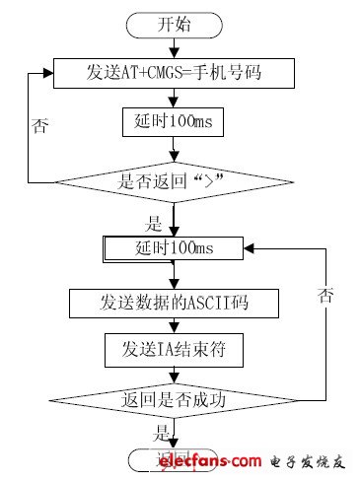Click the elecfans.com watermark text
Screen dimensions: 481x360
[x=211, y=460]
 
